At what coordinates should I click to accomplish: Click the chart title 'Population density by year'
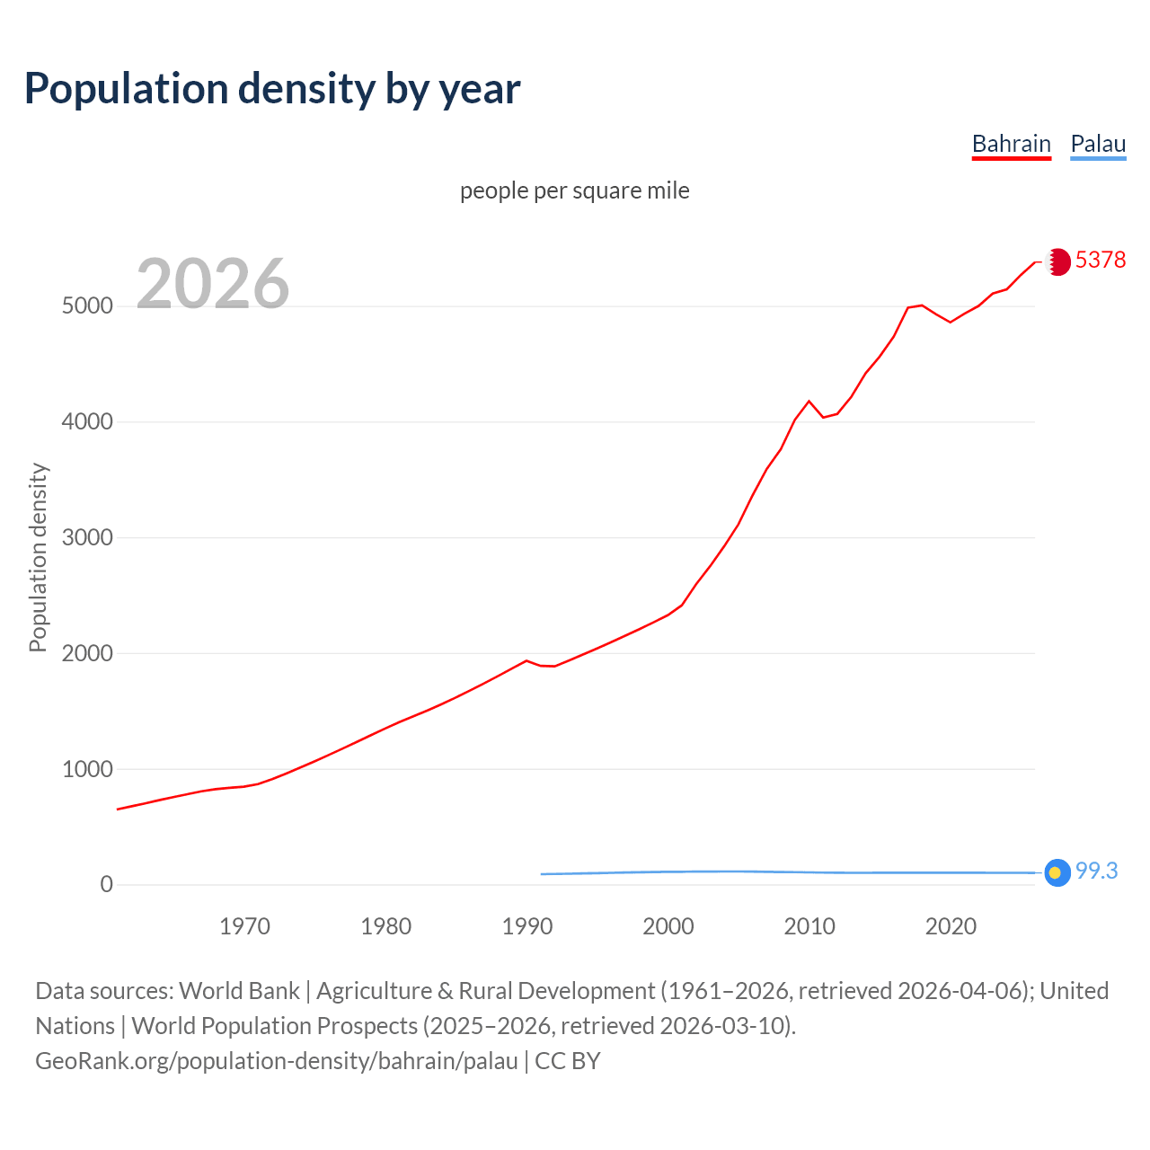tap(272, 88)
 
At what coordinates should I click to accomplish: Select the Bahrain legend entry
tap(1011, 144)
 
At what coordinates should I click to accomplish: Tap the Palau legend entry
tap(1098, 144)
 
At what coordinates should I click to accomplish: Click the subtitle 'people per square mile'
tap(574, 190)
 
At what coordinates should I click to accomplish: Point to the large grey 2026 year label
tap(213, 284)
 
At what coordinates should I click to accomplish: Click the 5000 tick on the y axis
tap(87, 306)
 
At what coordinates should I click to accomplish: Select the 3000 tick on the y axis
tap(87, 538)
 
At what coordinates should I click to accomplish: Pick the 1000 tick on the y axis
tap(87, 770)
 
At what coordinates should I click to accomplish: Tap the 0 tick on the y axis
tap(107, 885)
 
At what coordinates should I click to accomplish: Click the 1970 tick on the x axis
tap(245, 926)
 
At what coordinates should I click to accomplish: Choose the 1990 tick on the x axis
tap(527, 926)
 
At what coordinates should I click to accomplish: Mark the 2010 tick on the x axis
tap(809, 926)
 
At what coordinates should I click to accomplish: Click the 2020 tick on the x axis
tap(951, 926)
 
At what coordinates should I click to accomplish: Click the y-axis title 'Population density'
tap(38, 557)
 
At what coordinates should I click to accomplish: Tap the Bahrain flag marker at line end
tap(1058, 261)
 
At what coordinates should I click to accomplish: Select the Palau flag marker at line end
tap(1057, 872)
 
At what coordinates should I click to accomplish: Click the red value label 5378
tap(1100, 260)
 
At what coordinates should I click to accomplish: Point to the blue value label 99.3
tap(1096, 871)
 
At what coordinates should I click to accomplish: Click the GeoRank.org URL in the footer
tap(277, 1060)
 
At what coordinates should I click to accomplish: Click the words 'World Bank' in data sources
tap(239, 990)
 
